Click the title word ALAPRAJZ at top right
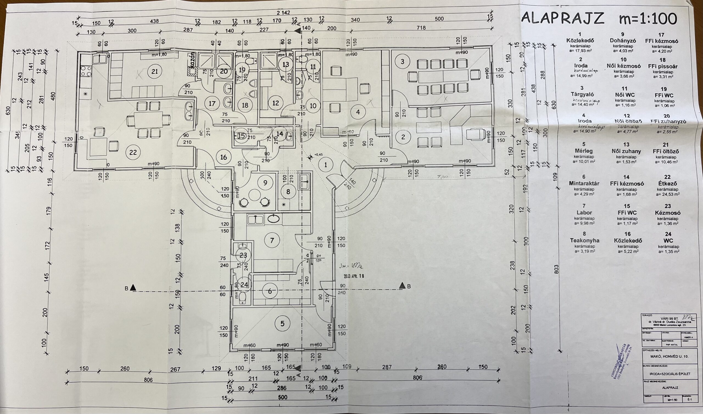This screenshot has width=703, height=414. pyautogui.click(x=563, y=19)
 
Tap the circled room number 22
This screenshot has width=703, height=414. pyautogui.click(x=133, y=152)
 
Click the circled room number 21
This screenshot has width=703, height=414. pyautogui.click(x=155, y=71)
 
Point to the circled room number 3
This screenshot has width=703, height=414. pyautogui.click(x=402, y=62)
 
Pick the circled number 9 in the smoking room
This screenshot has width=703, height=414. pyautogui.click(x=265, y=183)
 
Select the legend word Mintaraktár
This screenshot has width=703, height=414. pyautogui.click(x=584, y=184)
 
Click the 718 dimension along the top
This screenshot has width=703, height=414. pyautogui.click(x=421, y=28)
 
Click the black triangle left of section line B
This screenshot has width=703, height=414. pyautogui.click(x=133, y=287)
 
